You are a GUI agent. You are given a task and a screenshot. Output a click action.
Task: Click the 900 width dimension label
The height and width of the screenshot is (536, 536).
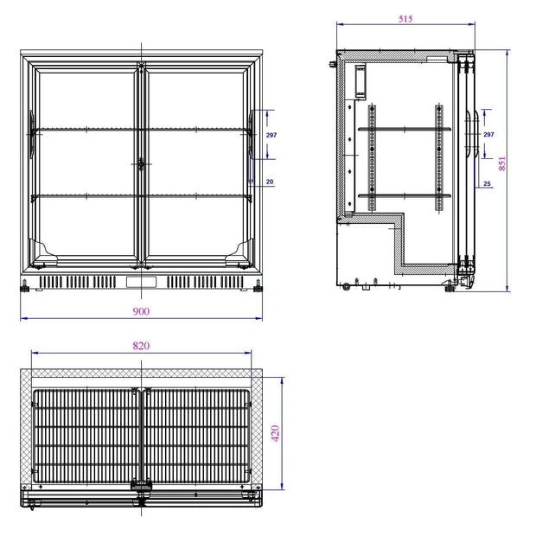coord(141,311)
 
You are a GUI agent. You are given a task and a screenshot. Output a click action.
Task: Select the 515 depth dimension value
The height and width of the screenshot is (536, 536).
coord(405,19)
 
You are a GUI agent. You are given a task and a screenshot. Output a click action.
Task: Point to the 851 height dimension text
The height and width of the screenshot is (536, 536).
coord(501,163)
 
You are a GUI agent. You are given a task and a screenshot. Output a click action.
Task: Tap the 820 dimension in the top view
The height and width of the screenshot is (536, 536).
coord(141,346)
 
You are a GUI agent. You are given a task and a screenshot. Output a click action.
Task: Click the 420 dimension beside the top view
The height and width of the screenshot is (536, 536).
coord(276,433)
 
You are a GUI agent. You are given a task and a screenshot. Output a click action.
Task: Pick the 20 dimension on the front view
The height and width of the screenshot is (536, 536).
coord(270,182)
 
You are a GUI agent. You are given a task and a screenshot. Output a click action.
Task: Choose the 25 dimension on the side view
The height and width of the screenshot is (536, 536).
coord(487,183)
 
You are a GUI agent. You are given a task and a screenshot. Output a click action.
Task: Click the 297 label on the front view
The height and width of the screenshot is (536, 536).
coord(271,135)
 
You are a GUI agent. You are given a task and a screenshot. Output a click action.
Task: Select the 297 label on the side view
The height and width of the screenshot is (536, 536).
coord(488,134)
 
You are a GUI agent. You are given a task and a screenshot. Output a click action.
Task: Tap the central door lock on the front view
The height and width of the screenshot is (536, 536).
coord(141,164)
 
